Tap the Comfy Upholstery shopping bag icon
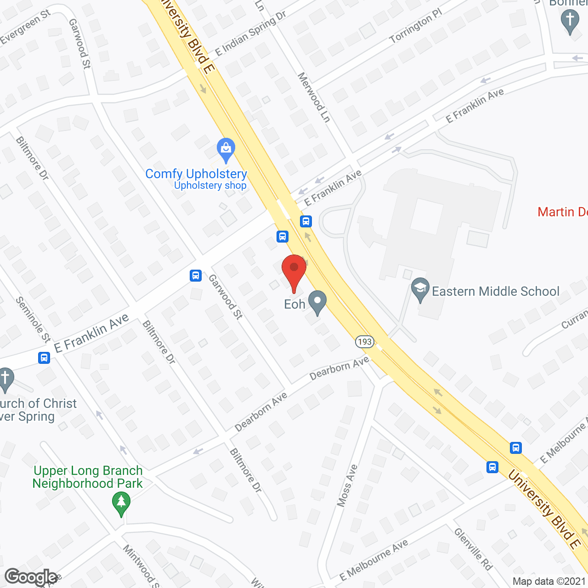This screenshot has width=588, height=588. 226,149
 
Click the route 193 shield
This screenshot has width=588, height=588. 364,342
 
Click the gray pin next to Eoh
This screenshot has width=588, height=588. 317,302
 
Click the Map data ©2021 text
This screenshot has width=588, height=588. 549,581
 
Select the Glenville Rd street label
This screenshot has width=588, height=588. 473,549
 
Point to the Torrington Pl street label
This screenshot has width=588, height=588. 415,26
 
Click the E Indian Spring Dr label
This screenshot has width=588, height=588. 251,34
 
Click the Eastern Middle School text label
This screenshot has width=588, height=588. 496,291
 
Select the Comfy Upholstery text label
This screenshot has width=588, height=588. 196,174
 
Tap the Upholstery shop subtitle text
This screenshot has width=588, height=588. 210,186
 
